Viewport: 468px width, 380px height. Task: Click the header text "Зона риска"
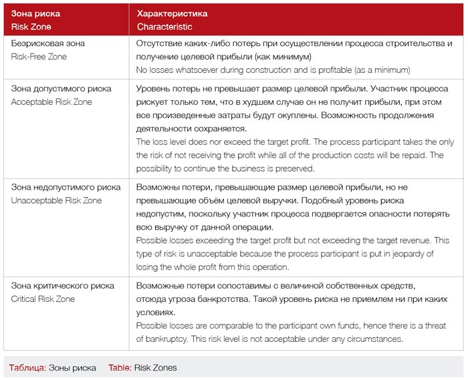pos(35,13)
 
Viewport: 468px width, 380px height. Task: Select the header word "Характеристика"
pos(172,13)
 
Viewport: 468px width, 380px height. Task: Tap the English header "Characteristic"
pos(164,27)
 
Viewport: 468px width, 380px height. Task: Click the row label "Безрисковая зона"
pos(48,43)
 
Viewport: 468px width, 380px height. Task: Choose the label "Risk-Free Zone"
pos(40,57)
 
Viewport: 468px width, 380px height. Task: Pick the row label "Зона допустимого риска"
pos(62,89)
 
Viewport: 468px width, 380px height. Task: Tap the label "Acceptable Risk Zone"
pos(52,102)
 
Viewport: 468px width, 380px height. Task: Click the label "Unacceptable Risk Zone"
pos(57,201)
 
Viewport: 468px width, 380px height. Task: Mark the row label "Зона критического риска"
pos(62,286)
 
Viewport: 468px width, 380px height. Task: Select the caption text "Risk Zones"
pos(156,367)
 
